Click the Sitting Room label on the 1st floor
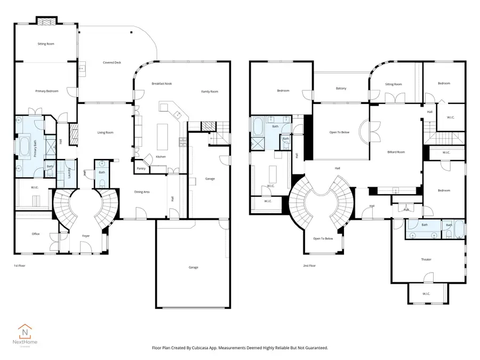tap(45, 44)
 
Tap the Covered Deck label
tap(112, 62)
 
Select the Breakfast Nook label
tap(162, 84)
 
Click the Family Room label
tap(210, 92)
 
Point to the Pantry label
tap(141, 169)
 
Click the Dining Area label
tap(141, 191)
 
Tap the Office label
tap(36, 234)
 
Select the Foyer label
tap(85, 236)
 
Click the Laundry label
tap(70, 174)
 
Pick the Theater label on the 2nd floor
tap(426, 260)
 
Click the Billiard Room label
tap(396, 152)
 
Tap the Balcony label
tap(341, 88)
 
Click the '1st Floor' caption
tap(19, 265)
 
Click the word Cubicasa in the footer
tap(218, 348)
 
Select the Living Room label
tap(105, 133)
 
